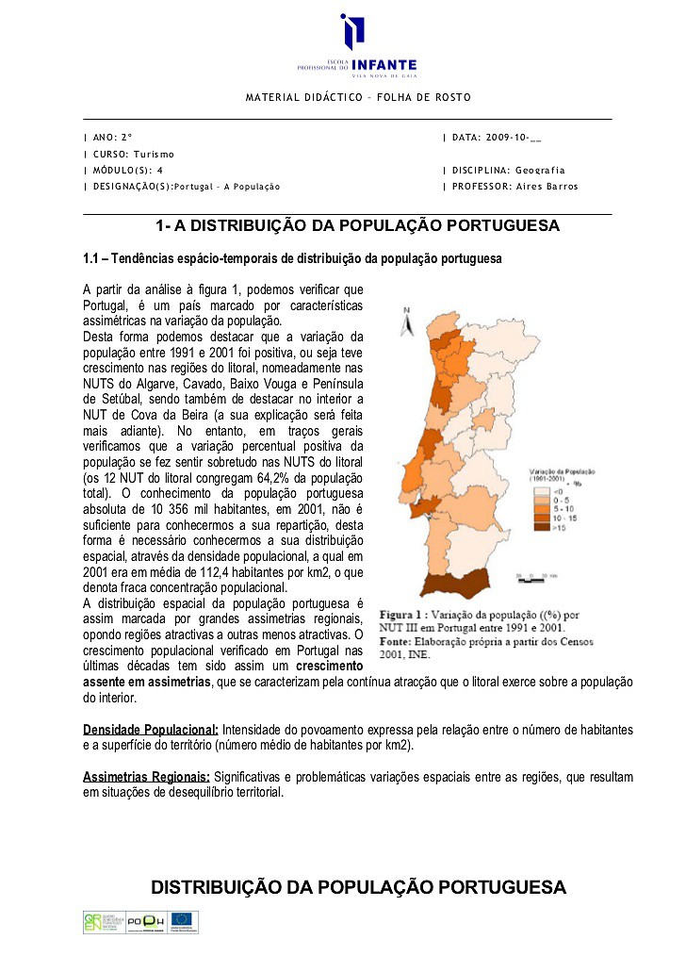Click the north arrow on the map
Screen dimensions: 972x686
(406, 322)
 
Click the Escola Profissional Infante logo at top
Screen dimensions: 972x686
(356, 46)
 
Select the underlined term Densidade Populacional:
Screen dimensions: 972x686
(151, 731)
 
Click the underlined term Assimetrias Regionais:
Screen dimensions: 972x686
(146, 777)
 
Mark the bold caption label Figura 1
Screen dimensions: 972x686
(403, 615)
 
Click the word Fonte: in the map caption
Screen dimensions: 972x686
(396, 641)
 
